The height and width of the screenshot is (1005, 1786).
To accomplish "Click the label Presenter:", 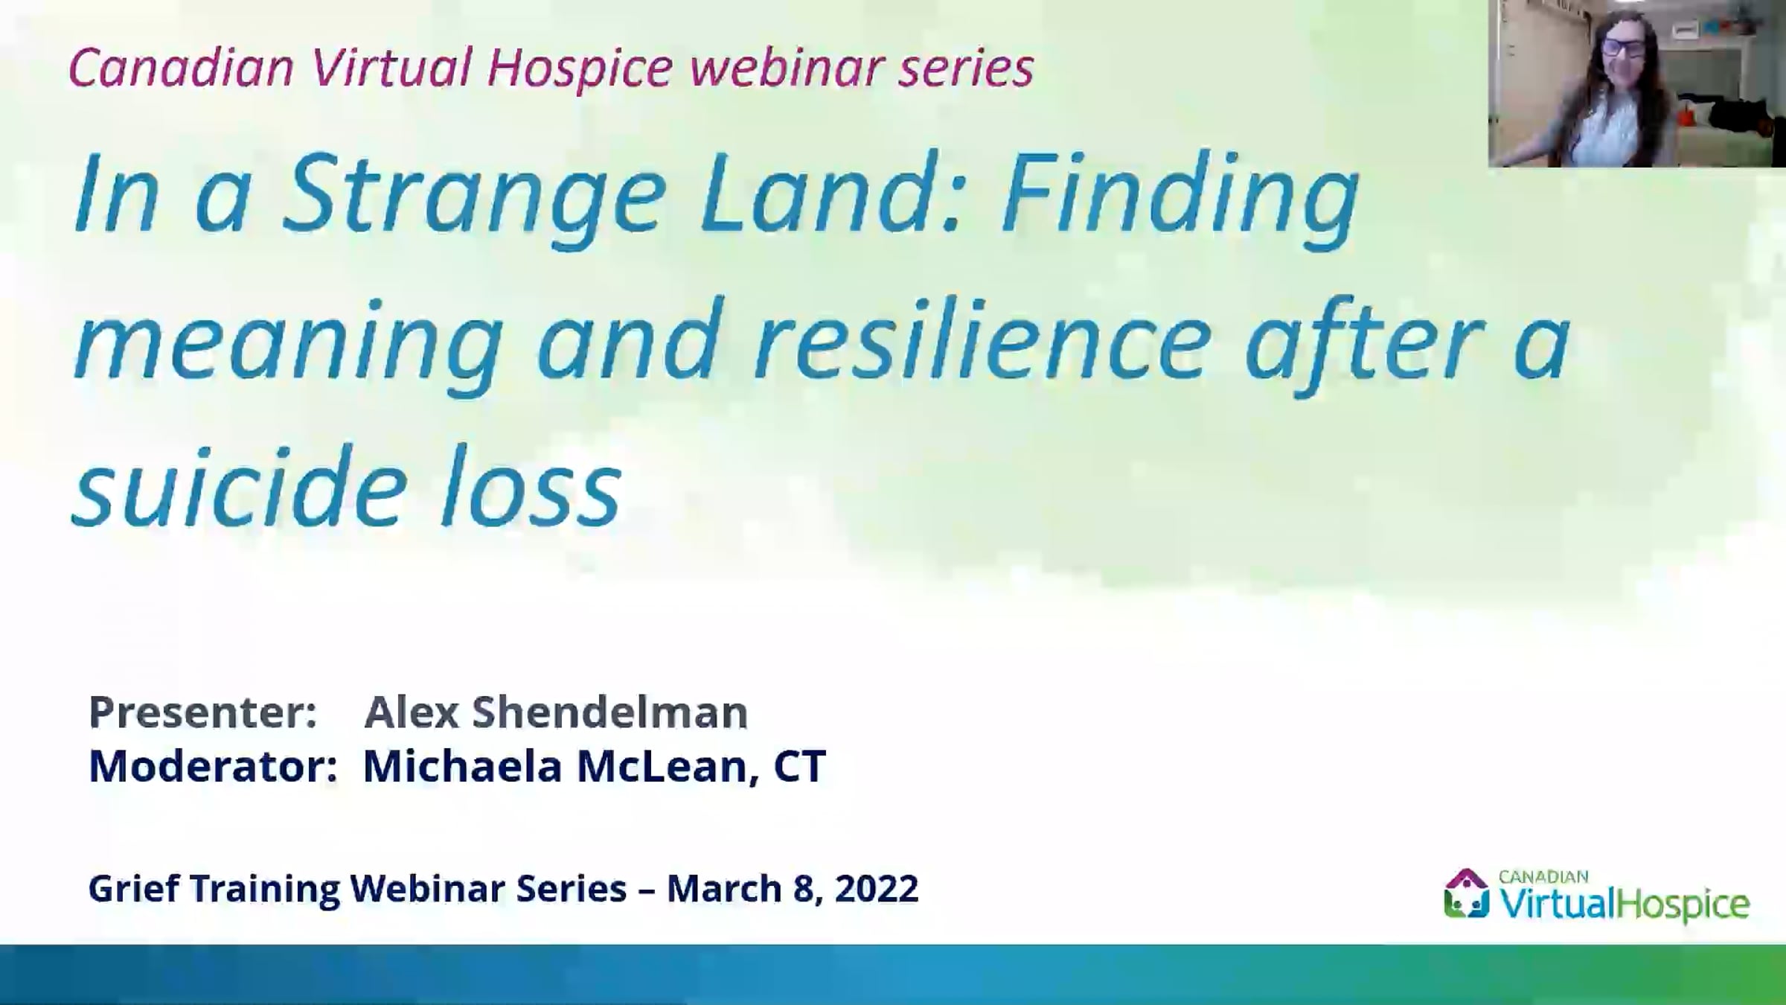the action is [x=203, y=712].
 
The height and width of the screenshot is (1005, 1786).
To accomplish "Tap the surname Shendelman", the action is [x=609, y=712].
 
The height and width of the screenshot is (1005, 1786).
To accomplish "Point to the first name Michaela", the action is [x=462, y=766].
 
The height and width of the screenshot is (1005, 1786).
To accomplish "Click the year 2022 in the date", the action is [x=877, y=889].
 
